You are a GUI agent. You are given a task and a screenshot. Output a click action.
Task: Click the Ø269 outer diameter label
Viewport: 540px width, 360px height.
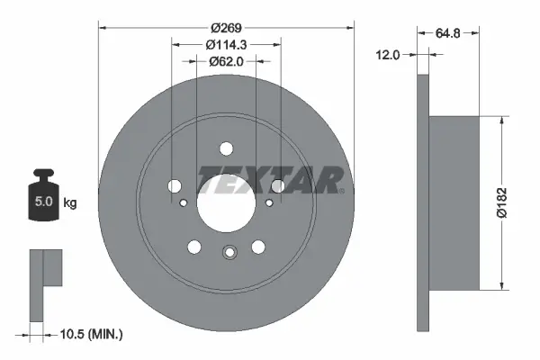(226, 28)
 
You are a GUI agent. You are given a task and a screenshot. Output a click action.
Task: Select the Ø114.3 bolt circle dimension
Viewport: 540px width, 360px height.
(226, 45)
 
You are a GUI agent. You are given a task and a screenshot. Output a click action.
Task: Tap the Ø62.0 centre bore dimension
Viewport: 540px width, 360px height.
(226, 62)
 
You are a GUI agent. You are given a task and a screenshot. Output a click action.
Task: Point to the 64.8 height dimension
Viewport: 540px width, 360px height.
(447, 33)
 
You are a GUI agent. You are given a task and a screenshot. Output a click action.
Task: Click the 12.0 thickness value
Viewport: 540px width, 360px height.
(387, 55)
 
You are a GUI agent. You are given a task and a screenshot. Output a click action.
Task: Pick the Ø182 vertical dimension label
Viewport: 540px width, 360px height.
(502, 202)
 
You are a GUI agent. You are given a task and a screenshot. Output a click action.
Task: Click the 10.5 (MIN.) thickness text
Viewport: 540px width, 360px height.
(91, 334)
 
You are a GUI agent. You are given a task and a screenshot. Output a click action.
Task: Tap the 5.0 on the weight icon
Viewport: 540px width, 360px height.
(43, 202)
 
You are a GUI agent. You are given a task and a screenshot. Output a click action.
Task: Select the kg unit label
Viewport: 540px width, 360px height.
(70, 202)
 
